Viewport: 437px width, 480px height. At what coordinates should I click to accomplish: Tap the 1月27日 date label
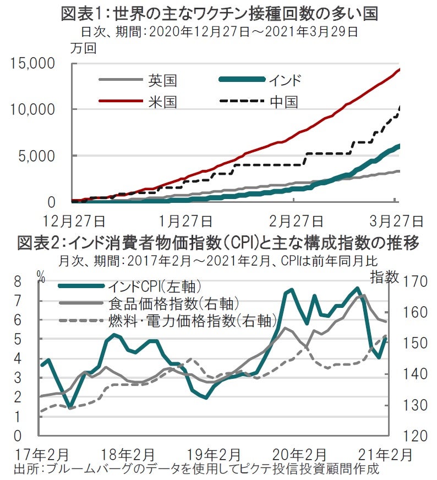[x=186, y=222]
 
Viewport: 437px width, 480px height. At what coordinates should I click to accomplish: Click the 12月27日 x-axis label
[x=75, y=222]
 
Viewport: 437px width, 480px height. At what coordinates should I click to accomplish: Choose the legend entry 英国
[x=162, y=80]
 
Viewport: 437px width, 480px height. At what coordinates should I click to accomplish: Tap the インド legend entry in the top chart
[x=285, y=80]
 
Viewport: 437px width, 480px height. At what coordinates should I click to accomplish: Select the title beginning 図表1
[x=218, y=13]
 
